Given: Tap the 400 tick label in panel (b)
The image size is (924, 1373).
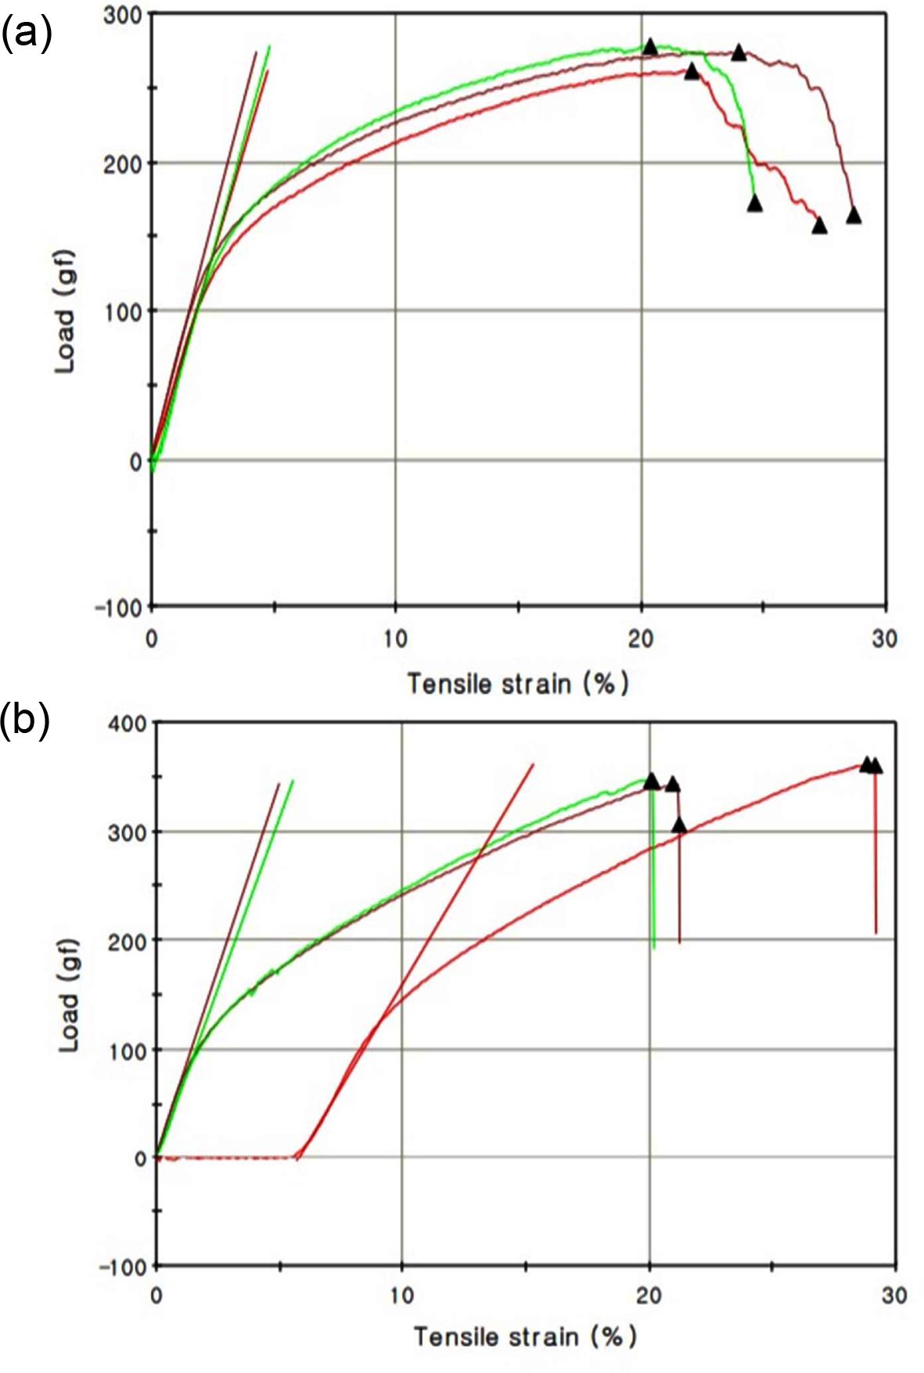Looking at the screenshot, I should click(x=128, y=723).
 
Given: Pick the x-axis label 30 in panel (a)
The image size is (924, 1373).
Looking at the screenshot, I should click(x=884, y=639).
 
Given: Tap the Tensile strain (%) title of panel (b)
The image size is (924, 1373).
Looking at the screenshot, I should click(x=524, y=1335).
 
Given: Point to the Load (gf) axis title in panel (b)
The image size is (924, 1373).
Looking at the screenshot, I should click(x=70, y=994).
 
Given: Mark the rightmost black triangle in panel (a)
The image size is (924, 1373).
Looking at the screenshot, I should click(x=854, y=215).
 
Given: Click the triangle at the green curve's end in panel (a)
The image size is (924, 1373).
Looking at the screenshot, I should click(x=754, y=203).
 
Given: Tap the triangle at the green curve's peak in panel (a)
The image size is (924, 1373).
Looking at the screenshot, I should click(x=649, y=46).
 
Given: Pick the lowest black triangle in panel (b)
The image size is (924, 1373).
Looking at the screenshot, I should click(x=679, y=825).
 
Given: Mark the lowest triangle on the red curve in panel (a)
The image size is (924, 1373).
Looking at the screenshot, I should click(x=819, y=225).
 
